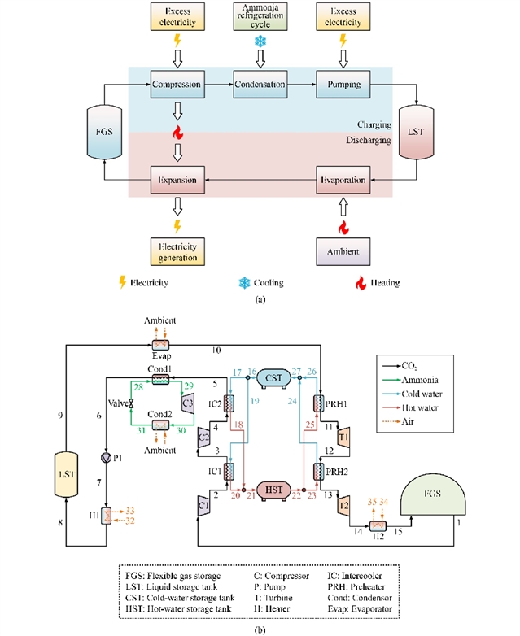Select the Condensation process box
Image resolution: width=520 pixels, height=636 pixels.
click(260, 84)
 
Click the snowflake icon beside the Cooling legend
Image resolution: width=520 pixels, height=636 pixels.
click(241, 281)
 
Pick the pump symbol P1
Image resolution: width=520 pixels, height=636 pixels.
click(107, 458)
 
